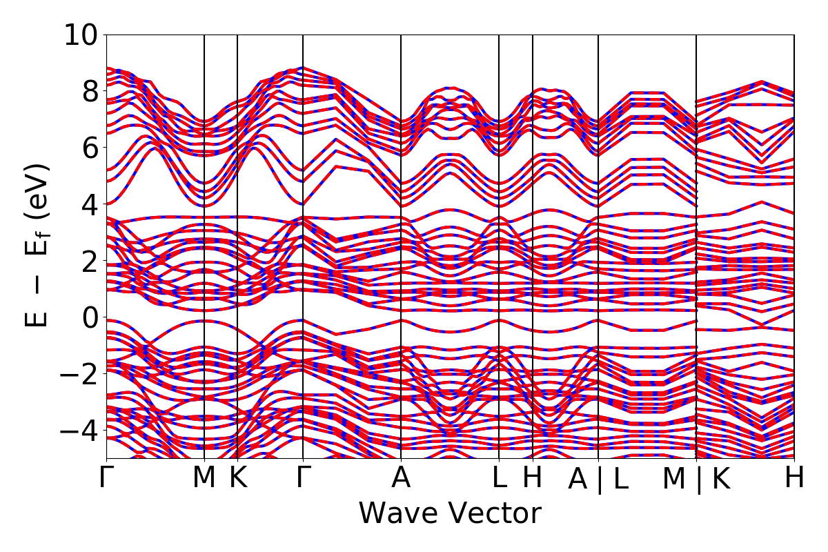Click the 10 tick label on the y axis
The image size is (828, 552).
[x=82, y=34]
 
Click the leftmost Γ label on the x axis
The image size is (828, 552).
[x=106, y=478]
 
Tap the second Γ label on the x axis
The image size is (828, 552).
[x=302, y=478]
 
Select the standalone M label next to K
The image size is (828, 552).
[x=204, y=478]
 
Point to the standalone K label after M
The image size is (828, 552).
[x=237, y=478]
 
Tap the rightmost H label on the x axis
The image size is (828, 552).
[x=794, y=478]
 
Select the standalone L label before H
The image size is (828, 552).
[x=499, y=478]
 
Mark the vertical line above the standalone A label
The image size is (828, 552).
[x=401, y=241]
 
